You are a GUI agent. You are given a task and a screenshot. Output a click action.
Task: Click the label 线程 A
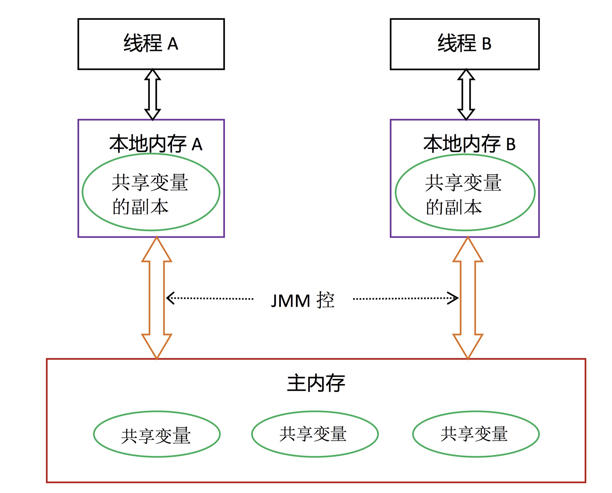[151, 44]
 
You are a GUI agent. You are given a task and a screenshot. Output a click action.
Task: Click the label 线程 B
[465, 44]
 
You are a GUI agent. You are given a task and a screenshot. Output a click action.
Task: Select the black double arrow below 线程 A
[153, 95]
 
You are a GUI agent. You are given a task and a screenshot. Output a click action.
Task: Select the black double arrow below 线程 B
[466, 95]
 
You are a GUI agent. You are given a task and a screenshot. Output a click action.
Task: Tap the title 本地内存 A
[156, 144]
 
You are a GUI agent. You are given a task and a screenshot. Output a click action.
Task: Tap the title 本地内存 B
[469, 144]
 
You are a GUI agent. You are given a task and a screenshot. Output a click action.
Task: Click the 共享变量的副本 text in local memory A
[150, 194]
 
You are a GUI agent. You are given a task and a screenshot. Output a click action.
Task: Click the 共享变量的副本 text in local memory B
[463, 194]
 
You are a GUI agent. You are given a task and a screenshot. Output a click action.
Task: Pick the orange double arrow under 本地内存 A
[157, 298]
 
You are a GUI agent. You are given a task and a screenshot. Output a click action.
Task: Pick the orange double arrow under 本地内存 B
[468, 298]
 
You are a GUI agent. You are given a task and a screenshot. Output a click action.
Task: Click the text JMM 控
[302, 300]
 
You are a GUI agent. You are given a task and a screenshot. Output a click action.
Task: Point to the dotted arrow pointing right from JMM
[405, 298]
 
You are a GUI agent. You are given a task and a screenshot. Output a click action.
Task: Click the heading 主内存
[316, 383]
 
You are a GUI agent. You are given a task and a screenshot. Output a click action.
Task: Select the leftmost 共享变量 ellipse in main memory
[157, 434]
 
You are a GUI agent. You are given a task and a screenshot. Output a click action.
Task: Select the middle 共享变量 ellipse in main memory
[315, 434]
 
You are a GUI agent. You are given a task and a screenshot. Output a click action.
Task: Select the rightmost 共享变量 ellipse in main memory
[476, 434]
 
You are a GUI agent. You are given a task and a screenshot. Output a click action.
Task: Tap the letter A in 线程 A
[173, 44]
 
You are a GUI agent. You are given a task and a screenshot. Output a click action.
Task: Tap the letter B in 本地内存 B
[511, 145]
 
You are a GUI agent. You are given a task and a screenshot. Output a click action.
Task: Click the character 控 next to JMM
[325, 300]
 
